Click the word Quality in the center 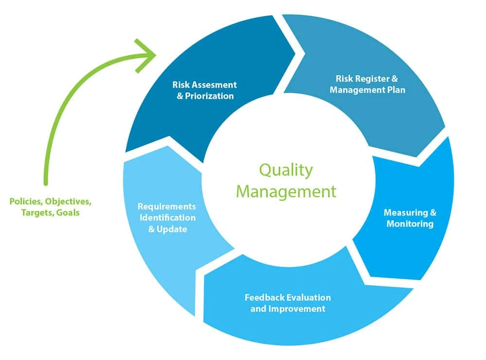tap(286, 171)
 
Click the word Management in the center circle tap(286, 191)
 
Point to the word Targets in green tap(35, 213)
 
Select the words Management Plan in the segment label tap(367, 90)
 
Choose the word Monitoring tap(410, 224)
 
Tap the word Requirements tap(167, 206)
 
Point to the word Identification tap(168, 217)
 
